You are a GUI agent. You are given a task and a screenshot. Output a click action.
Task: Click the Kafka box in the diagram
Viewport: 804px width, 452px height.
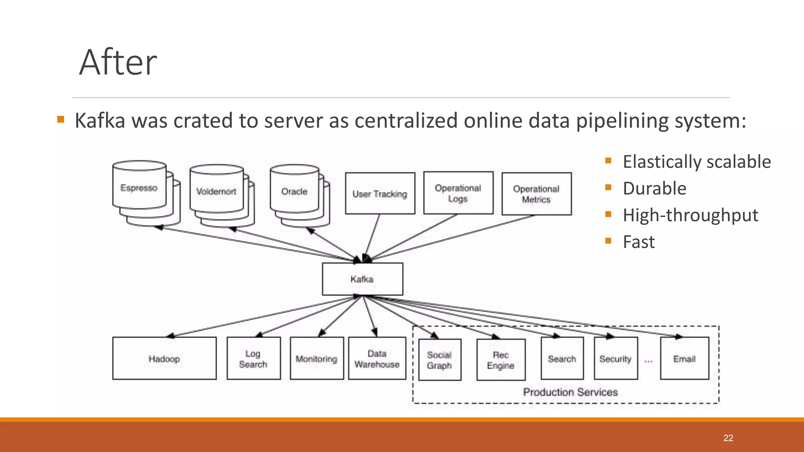[x=362, y=279]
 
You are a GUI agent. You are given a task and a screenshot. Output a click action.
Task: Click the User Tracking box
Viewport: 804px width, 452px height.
[x=380, y=193]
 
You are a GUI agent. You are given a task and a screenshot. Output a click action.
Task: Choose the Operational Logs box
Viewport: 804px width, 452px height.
[x=458, y=193]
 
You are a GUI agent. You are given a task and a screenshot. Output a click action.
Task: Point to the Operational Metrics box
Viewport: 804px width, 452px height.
[x=536, y=194]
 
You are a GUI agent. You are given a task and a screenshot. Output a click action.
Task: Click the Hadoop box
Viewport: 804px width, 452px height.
[x=164, y=358]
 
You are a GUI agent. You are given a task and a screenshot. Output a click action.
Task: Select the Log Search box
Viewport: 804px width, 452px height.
[x=254, y=358]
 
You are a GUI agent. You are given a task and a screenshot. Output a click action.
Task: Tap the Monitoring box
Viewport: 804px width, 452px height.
[x=317, y=358]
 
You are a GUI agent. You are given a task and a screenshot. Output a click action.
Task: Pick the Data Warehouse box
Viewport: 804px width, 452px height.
[x=377, y=358]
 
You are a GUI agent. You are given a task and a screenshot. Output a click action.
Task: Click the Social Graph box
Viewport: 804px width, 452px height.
[x=440, y=360]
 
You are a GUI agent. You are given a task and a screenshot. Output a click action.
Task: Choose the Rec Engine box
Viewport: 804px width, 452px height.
[x=501, y=360]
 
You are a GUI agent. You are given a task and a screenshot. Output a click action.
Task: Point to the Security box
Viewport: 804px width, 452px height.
[x=616, y=358]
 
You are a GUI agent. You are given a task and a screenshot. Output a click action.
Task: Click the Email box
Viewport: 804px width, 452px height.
[x=684, y=358]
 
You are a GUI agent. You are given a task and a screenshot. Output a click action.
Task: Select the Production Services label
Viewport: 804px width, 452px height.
[x=570, y=392]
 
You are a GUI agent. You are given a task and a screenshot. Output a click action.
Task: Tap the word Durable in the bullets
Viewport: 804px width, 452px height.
[x=654, y=188]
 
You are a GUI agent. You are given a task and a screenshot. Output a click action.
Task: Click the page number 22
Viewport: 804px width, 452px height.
[x=728, y=438]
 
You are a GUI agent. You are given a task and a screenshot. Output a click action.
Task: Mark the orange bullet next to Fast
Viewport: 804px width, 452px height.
[x=608, y=241]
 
